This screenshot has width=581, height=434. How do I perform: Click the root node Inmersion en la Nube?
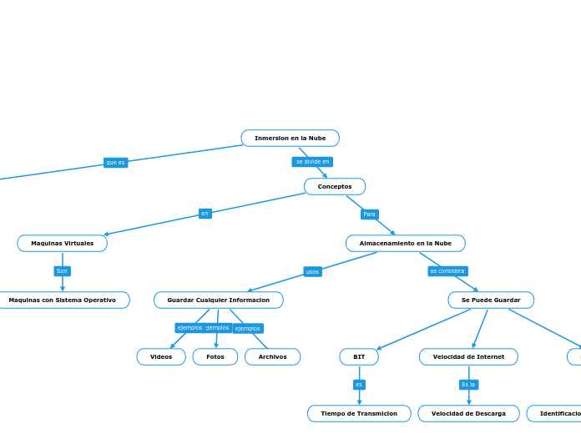290,138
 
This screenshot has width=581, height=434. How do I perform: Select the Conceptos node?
335,186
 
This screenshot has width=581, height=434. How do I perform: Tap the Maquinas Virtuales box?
63,243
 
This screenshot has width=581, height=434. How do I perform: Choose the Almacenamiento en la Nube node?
406,243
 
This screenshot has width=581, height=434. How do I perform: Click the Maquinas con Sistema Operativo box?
63,300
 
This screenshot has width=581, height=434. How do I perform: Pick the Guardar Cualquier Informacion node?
219,300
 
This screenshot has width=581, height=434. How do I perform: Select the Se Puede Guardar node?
491,300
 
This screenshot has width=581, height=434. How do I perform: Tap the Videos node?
161,356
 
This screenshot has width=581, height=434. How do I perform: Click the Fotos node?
215,356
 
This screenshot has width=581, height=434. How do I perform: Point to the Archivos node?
272,356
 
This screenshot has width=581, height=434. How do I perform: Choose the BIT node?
359,356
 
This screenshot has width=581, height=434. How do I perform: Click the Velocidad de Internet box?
468,356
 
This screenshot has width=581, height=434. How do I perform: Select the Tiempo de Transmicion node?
359,413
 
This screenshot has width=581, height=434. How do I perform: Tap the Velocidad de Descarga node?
468,413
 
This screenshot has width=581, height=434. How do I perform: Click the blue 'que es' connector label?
115,163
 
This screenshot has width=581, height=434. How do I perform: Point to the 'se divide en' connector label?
312,162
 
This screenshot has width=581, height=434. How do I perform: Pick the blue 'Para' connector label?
370,214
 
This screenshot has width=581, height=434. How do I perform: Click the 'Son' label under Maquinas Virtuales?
63,271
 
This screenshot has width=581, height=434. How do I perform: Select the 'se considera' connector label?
447,271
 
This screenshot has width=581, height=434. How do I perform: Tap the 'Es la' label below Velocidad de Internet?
468,385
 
